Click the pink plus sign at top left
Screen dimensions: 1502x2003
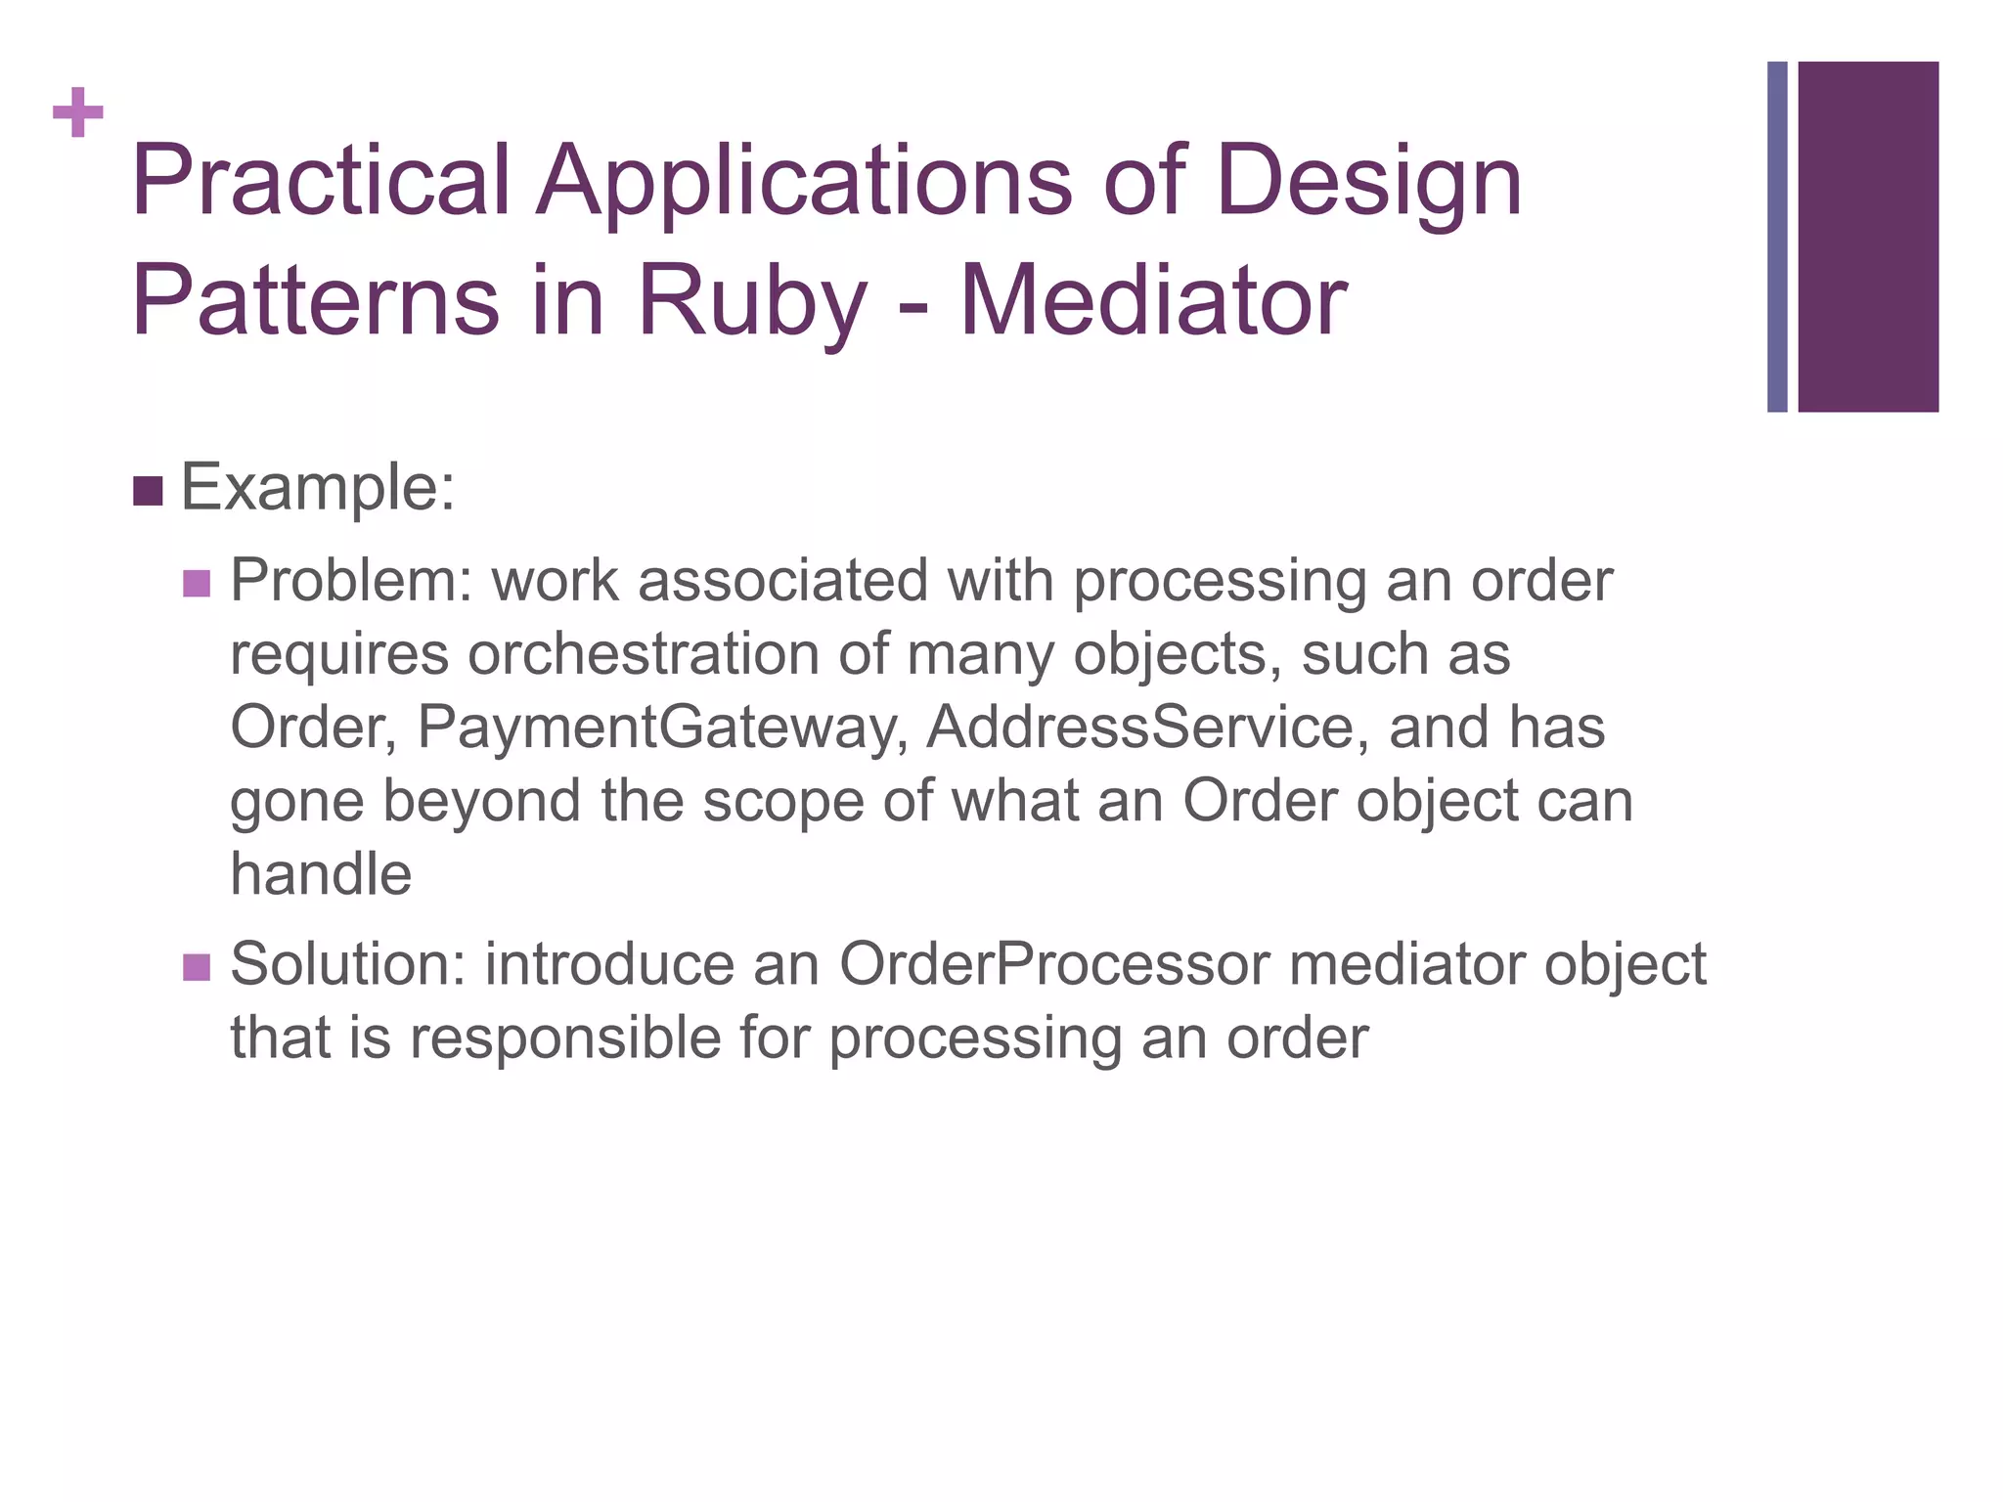(x=78, y=113)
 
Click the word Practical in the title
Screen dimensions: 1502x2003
(x=321, y=181)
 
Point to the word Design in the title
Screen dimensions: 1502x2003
(x=1368, y=183)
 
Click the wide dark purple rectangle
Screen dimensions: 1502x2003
(x=1868, y=237)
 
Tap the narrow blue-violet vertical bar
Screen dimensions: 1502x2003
(x=1777, y=237)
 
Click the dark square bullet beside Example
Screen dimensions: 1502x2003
(x=147, y=491)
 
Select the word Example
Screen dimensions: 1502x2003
(x=318, y=487)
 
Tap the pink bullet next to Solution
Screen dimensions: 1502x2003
(x=196, y=967)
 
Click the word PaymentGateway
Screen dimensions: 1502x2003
(x=662, y=729)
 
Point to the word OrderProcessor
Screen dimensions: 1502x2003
(x=1054, y=964)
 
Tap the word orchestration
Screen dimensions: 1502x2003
(x=644, y=654)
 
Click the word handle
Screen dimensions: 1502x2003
(x=321, y=873)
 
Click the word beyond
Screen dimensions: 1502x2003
(x=481, y=801)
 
